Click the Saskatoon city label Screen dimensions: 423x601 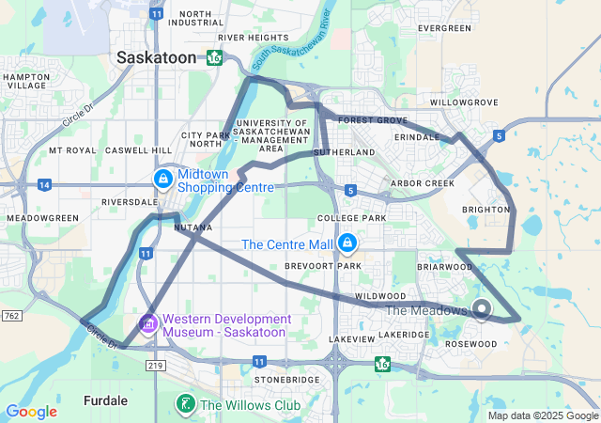click(156, 57)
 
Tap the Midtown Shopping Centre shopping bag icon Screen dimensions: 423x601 click(162, 178)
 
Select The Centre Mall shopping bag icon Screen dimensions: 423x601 click(347, 243)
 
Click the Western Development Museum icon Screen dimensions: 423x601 click(147, 324)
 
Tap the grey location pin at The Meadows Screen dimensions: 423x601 click(483, 308)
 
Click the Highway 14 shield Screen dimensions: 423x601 click(44, 185)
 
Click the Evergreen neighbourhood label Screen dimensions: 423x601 click(444, 29)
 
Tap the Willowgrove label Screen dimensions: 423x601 click(463, 102)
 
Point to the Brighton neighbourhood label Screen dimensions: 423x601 click(485, 210)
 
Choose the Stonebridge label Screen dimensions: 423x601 click(281, 380)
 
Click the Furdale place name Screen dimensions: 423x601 click(105, 399)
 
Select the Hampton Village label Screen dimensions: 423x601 click(26, 81)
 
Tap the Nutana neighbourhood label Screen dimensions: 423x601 click(193, 227)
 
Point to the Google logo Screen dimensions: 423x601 click(31, 412)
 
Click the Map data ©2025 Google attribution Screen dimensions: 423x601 click(543, 415)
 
